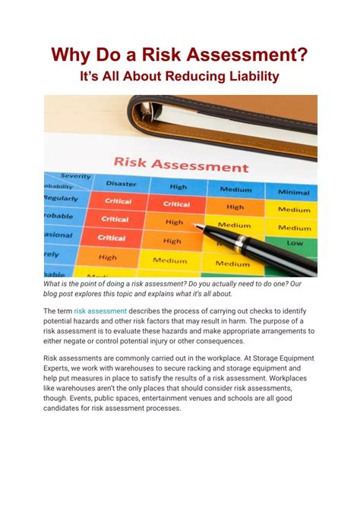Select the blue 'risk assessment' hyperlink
point(100,311)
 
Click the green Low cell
point(295,243)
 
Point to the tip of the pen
point(196,226)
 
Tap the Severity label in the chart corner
point(76,175)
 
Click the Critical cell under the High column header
point(176,204)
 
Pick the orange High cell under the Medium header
point(235,207)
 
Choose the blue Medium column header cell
point(235,189)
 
